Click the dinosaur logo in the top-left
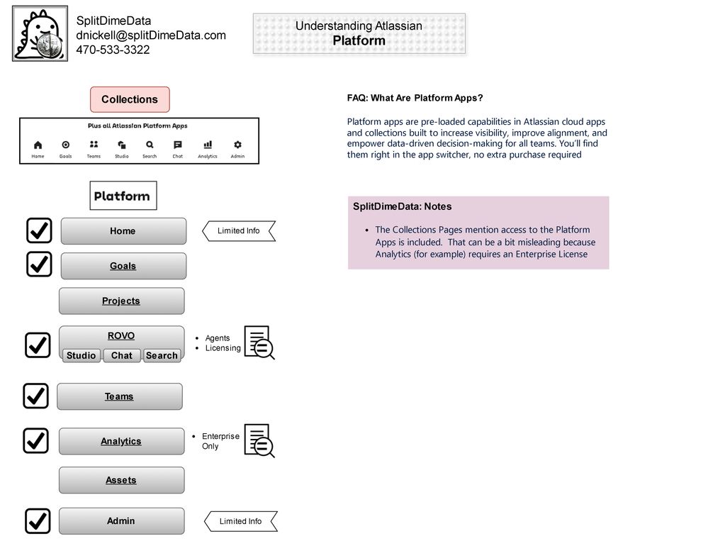click(x=40, y=33)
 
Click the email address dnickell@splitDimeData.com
click(x=151, y=35)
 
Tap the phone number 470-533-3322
click(x=113, y=50)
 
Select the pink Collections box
click(x=130, y=99)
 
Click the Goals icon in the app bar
click(x=65, y=145)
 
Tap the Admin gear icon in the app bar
click(x=237, y=145)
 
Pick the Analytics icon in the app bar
click(x=208, y=145)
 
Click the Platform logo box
click(x=123, y=196)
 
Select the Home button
click(x=123, y=231)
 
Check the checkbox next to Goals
click(x=39, y=264)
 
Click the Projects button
click(x=121, y=301)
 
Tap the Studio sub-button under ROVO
click(x=82, y=355)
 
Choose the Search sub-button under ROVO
click(x=162, y=355)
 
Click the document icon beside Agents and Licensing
click(x=259, y=342)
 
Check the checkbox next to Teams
click(x=35, y=396)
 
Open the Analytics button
click(x=121, y=441)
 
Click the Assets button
click(x=121, y=480)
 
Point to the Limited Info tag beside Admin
click(x=240, y=521)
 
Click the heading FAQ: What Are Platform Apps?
click(x=415, y=98)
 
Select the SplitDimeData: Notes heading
click(x=402, y=206)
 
